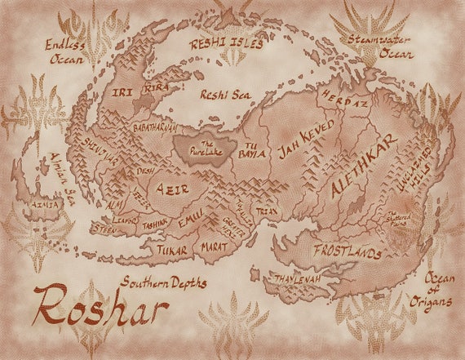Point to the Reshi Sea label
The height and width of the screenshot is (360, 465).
coord(225,95)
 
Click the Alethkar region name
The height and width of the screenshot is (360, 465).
coord(364,166)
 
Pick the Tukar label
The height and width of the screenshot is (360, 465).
coord(172,250)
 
